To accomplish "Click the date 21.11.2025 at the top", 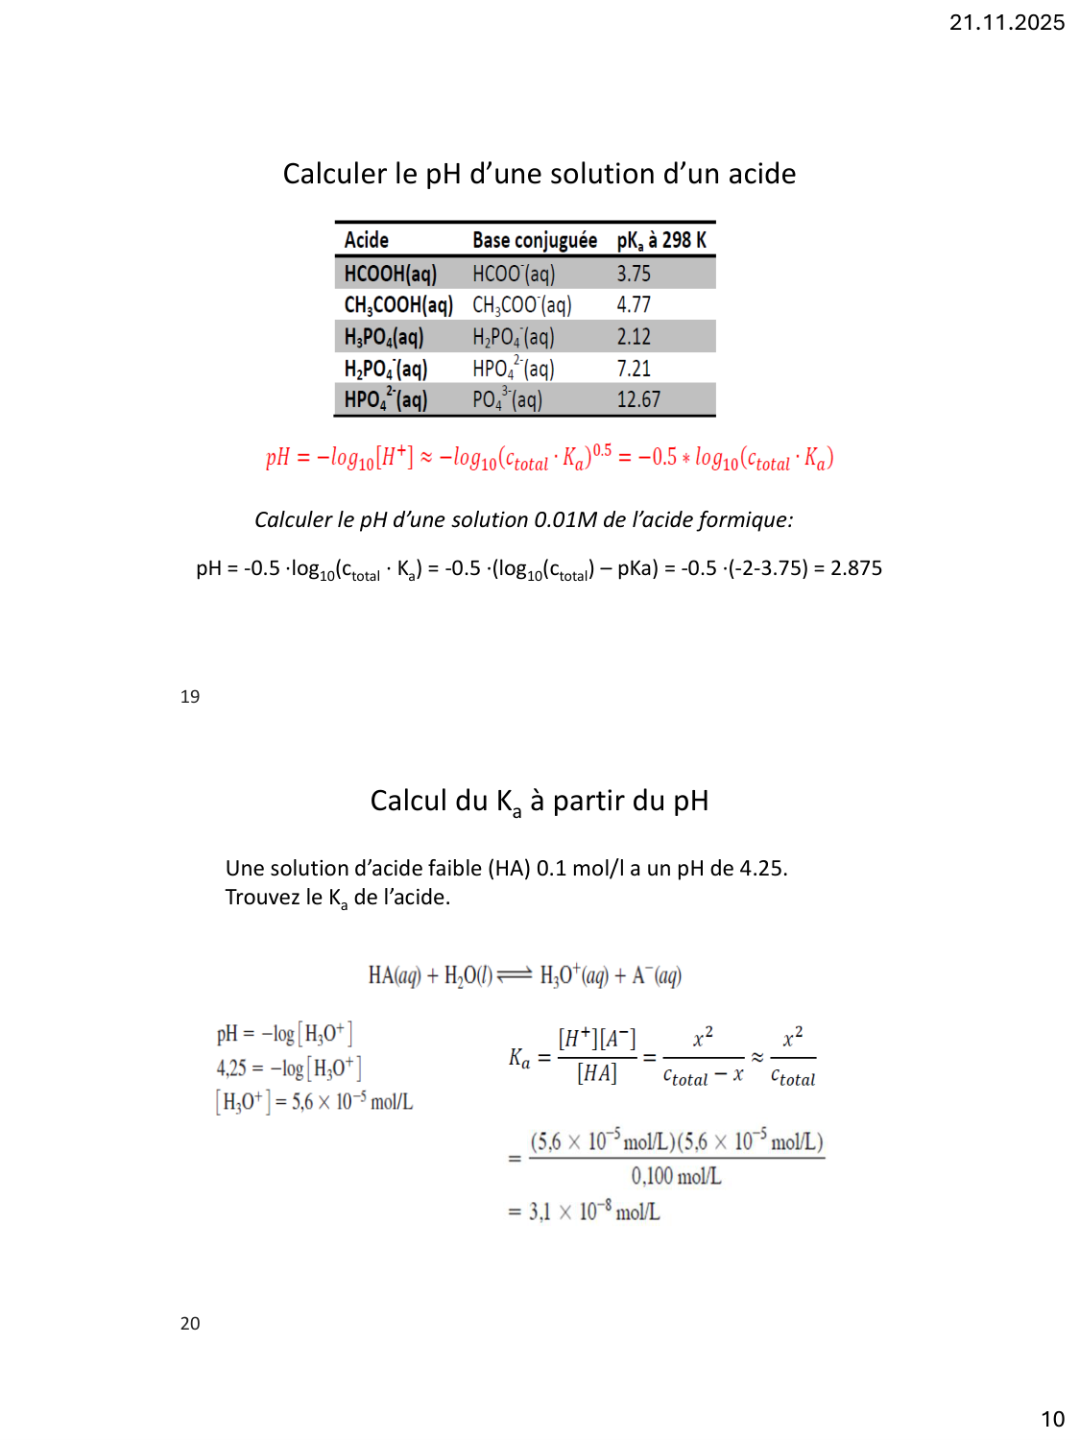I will (x=1006, y=22).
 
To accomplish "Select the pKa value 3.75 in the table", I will (x=634, y=274).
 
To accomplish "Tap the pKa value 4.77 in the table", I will (x=634, y=305).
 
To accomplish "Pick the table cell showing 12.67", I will (x=638, y=399).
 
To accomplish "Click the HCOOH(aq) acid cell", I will (x=390, y=274).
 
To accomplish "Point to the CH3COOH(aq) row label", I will (x=397, y=305).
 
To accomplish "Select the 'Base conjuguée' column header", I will (x=534, y=240).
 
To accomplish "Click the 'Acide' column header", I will (x=366, y=240).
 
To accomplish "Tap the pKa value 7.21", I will (x=634, y=369).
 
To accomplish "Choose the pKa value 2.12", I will (x=634, y=337).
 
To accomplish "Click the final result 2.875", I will (x=855, y=568).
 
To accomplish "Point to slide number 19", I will (x=190, y=697).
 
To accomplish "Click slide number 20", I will (x=190, y=1324).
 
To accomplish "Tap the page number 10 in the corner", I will (x=1052, y=1419).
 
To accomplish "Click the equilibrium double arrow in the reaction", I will (x=516, y=975).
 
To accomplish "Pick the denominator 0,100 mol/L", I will (x=676, y=1177).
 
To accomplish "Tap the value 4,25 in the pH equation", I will (x=231, y=1068).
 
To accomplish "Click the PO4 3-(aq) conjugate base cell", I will (x=507, y=399).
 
